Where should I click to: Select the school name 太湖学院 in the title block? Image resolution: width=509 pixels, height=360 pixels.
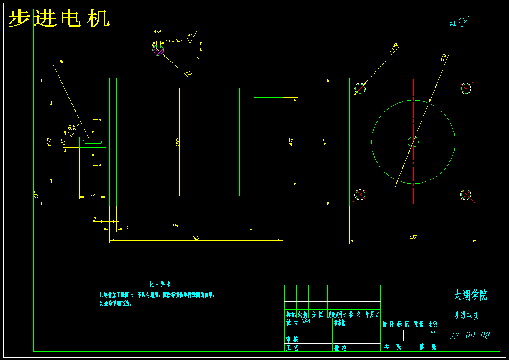[x=470, y=295]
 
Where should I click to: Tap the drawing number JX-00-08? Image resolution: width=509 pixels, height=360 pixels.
[x=470, y=335]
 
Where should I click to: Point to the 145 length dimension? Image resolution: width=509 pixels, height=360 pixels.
[x=196, y=238]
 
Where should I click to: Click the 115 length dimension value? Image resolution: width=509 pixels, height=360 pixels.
[x=175, y=226]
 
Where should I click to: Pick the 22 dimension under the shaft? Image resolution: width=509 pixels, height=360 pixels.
[x=93, y=195]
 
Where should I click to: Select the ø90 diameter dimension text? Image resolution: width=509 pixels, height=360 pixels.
[x=177, y=142]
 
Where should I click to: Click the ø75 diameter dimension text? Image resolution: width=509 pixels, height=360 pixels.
[x=292, y=142]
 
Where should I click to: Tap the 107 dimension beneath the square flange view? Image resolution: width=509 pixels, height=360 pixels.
[x=413, y=238]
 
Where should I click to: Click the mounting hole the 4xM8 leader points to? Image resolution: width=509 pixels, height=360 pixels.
[x=360, y=88]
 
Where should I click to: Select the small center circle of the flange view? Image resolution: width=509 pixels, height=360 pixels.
[x=413, y=142]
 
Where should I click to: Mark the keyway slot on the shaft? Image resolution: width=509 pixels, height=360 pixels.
[x=92, y=141]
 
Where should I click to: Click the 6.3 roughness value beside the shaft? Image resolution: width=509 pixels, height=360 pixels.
[x=71, y=128]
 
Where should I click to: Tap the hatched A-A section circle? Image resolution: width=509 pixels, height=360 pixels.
[x=158, y=51]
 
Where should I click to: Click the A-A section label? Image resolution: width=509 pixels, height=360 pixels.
[x=157, y=31]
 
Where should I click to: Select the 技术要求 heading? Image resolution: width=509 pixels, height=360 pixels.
[x=160, y=284]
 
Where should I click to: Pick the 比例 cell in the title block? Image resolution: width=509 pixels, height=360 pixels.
[x=433, y=324]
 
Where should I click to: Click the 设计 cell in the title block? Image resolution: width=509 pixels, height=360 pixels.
[x=292, y=323]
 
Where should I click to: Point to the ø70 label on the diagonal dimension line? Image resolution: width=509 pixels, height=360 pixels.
[x=443, y=57]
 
